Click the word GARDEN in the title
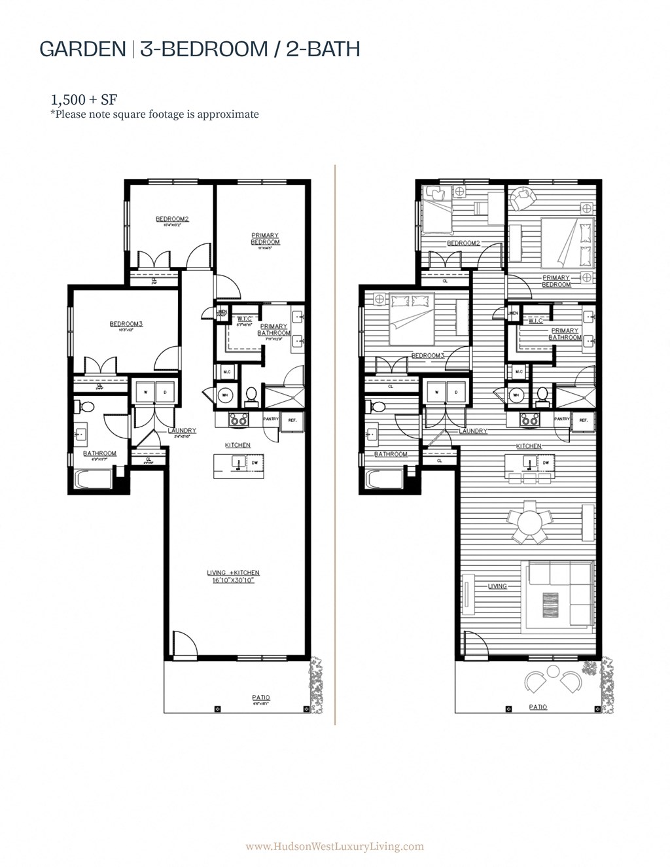[82, 49]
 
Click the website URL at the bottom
[334, 846]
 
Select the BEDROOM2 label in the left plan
[172, 219]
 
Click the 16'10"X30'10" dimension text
[238, 580]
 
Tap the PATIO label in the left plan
[260, 698]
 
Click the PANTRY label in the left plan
[271, 419]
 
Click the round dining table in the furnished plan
[531, 523]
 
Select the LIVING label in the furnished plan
[497, 586]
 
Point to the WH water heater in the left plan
[224, 395]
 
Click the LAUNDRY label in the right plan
[472, 431]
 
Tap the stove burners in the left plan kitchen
[238, 420]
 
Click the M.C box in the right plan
[518, 372]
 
